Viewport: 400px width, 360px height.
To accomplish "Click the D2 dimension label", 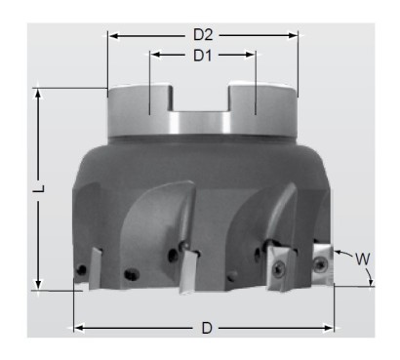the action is coord(203,35).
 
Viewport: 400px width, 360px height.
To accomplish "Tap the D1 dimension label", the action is coord(202,56).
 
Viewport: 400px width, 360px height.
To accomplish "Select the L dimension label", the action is coord(40,188).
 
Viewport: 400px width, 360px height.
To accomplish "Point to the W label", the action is coord(362,260).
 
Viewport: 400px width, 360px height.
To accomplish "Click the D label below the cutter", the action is coord(207,328).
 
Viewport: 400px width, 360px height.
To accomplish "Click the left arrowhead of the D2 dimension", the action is coord(113,36).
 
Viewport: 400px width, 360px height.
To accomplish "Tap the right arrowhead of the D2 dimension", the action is coord(293,36).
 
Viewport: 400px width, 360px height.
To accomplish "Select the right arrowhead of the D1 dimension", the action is coord(251,55).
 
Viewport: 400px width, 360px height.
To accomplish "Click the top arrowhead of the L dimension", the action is coord(38,94).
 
